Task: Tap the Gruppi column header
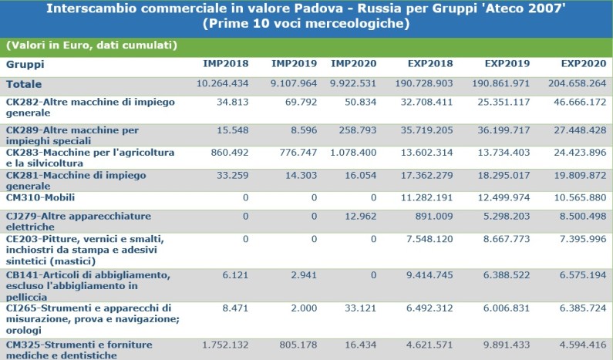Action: [x=25, y=64]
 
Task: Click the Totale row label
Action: [x=24, y=84]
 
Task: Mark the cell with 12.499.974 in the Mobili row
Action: [x=499, y=197]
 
